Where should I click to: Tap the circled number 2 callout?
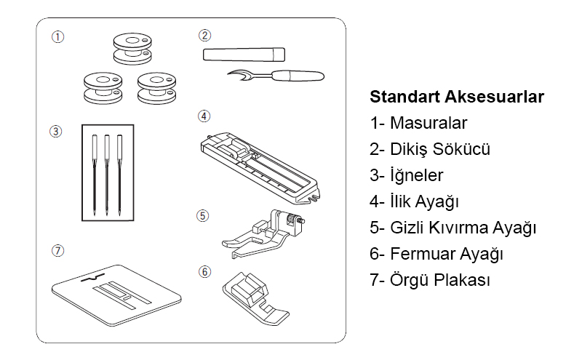[x=205, y=35]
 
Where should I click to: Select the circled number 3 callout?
[x=56, y=132]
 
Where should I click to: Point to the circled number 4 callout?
[x=204, y=116]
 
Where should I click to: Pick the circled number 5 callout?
[x=203, y=215]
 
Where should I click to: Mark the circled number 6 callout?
[x=205, y=271]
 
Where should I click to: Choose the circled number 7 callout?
[x=57, y=250]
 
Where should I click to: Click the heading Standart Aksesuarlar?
[x=457, y=97]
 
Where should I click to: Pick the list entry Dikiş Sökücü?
[x=429, y=149]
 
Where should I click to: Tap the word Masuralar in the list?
[x=428, y=123]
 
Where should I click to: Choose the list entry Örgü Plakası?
[x=429, y=281]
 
